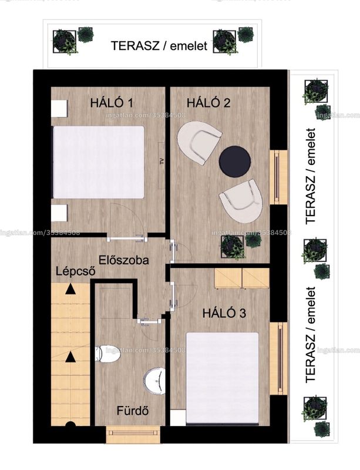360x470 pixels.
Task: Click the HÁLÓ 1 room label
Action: pyautogui.click(x=112, y=103)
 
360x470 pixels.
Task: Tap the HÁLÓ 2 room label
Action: pyautogui.click(x=208, y=103)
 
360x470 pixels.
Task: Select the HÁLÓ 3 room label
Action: pyautogui.click(x=224, y=313)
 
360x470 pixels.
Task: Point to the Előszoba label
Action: pyautogui.click(x=123, y=260)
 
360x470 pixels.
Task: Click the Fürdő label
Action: pyautogui.click(x=133, y=410)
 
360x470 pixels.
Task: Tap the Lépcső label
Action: pyautogui.click(x=76, y=271)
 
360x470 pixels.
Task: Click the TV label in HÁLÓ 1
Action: pyautogui.click(x=162, y=161)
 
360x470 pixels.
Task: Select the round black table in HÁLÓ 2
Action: pyautogui.click(x=235, y=161)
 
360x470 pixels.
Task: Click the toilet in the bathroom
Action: pyautogui.click(x=107, y=354)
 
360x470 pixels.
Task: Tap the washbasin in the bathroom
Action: pyautogui.click(x=154, y=380)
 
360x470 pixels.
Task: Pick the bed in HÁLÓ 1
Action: pyautogui.click(x=98, y=162)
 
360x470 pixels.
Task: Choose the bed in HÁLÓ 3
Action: pyautogui.click(x=222, y=378)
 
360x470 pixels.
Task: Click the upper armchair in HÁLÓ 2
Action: pyautogui.click(x=198, y=142)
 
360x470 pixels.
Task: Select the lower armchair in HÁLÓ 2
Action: pyautogui.click(x=242, y=200)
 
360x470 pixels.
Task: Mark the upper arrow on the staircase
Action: pyautogui.click(x=70, y=288)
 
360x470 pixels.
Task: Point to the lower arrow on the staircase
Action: pyautogui.click(x=70, y=357)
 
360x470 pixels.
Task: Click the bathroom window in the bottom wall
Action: pyautogui.click(x=133, y=434)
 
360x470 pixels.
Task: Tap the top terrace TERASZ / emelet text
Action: pyautogui.click(x=159, y=46)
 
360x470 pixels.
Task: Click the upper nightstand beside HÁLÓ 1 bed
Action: pyautogui.click(x=59, y=108)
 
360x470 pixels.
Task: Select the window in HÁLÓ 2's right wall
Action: pyautogui.click(x=278, y=177)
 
